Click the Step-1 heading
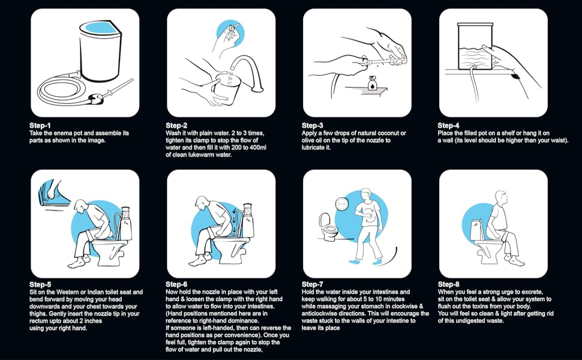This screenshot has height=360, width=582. [x=40, y=125]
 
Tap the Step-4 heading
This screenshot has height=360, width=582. [x=448, y=125]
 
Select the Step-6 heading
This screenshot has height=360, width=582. [x=176, y=284]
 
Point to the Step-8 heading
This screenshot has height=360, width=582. [x=448, y=284]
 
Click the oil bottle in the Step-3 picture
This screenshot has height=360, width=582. [x=371, y=83]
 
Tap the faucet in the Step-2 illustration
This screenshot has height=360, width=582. [x=248, y=73]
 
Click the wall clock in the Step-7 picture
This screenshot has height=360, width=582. [x=341, y=204]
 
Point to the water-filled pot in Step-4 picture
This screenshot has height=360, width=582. [x=475, y=46]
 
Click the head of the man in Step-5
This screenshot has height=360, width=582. [x=79, y=206]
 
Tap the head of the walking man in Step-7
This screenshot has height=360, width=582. [x=365, y=195]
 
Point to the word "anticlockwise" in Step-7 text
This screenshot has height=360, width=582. [x=320, y=313]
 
